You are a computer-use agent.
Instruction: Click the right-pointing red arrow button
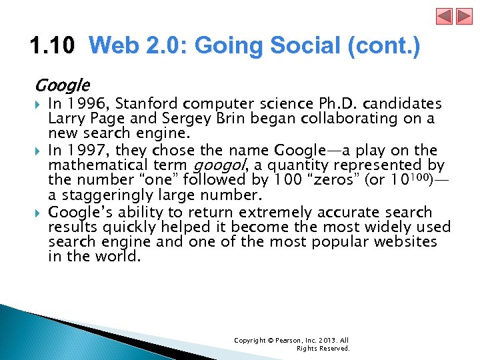click(x=445, y=16)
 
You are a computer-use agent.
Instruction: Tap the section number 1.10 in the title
click(x=53, y=47)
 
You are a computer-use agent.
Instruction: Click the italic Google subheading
click(x=62, y=85)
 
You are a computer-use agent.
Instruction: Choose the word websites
click(x=404, y=241)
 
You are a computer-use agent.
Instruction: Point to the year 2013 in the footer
click(x=325, y=340)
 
